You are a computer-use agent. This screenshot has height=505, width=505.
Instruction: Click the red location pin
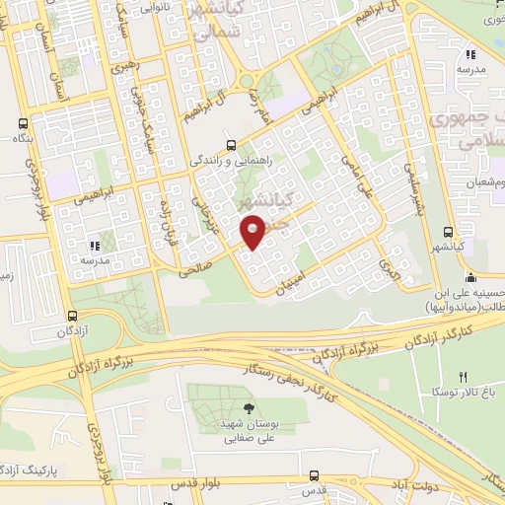coord(253,232)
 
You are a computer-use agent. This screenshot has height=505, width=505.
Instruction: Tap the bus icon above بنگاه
coord(22,124)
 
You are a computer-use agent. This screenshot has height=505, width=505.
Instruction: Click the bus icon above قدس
coord(314,474)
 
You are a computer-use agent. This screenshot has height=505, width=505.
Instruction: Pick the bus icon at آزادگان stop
coord(71,315)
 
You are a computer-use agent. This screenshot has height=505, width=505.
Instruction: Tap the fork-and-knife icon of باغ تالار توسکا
coord(463,377)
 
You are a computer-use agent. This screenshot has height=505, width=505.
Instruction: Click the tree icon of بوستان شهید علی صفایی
coord(247,408)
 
